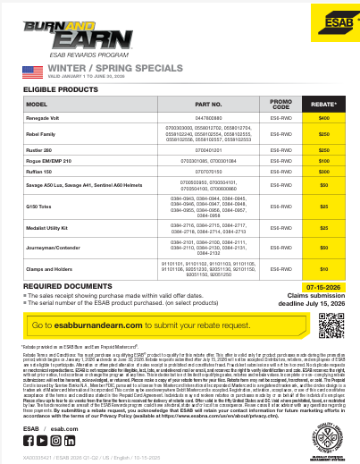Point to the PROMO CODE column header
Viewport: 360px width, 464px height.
pyautogui.click(x=280, y=104)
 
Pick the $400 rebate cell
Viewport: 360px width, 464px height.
pyautogui.click(x=324, y=118)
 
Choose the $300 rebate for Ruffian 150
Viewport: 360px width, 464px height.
pyautogui.click(x=324, y=170)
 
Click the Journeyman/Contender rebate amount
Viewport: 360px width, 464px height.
pyautogui.click(x=324, y=248)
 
